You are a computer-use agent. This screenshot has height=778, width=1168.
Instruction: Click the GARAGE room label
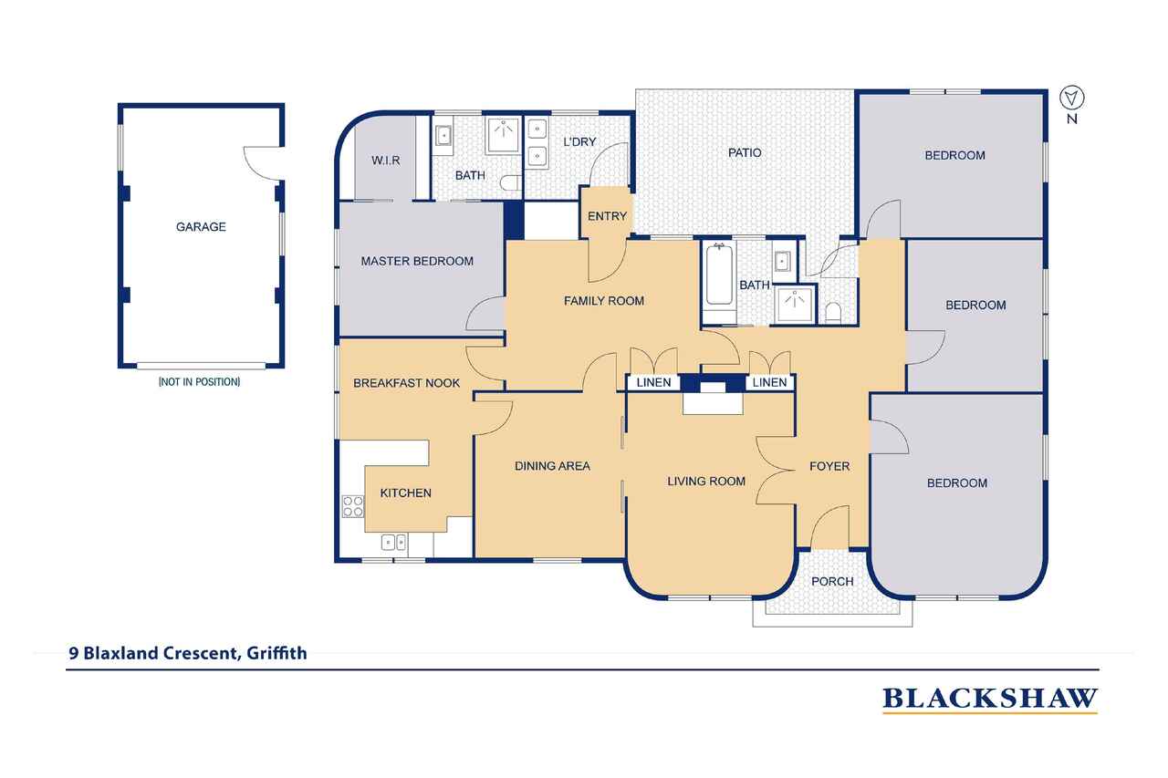(201, 227)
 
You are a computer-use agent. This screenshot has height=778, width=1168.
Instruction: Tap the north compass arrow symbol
(1072, 98)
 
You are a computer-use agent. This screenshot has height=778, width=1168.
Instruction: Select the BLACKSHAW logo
(990, 699)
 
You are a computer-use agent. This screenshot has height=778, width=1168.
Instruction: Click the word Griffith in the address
(276, 653)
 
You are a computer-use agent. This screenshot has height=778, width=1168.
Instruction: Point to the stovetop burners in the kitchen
(353, 506)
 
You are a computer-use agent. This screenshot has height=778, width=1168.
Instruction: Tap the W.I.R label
(386, 161)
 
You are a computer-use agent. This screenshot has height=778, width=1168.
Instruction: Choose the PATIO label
(745, 152)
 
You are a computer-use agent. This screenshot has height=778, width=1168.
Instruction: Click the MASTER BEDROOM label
(417, 261)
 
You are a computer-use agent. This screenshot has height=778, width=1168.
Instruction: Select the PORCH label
(832, 581)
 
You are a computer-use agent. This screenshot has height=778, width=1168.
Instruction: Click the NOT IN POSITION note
(199, 382)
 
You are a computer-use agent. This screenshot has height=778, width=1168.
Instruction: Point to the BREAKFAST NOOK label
(407, 383)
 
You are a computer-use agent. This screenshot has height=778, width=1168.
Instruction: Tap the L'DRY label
(579, 141)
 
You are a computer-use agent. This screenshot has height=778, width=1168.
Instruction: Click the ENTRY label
(607, 216)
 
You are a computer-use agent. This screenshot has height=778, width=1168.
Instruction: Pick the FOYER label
(829, 466)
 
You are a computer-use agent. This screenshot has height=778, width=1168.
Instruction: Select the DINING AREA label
(552, 466)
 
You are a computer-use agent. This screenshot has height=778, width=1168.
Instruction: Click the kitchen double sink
(393, 543)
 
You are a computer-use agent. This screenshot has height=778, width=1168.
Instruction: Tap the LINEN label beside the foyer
(769, 382)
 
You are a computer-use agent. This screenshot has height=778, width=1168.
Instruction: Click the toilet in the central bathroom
(833, 312)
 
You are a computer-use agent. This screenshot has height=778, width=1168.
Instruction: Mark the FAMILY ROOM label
(604, 301)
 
